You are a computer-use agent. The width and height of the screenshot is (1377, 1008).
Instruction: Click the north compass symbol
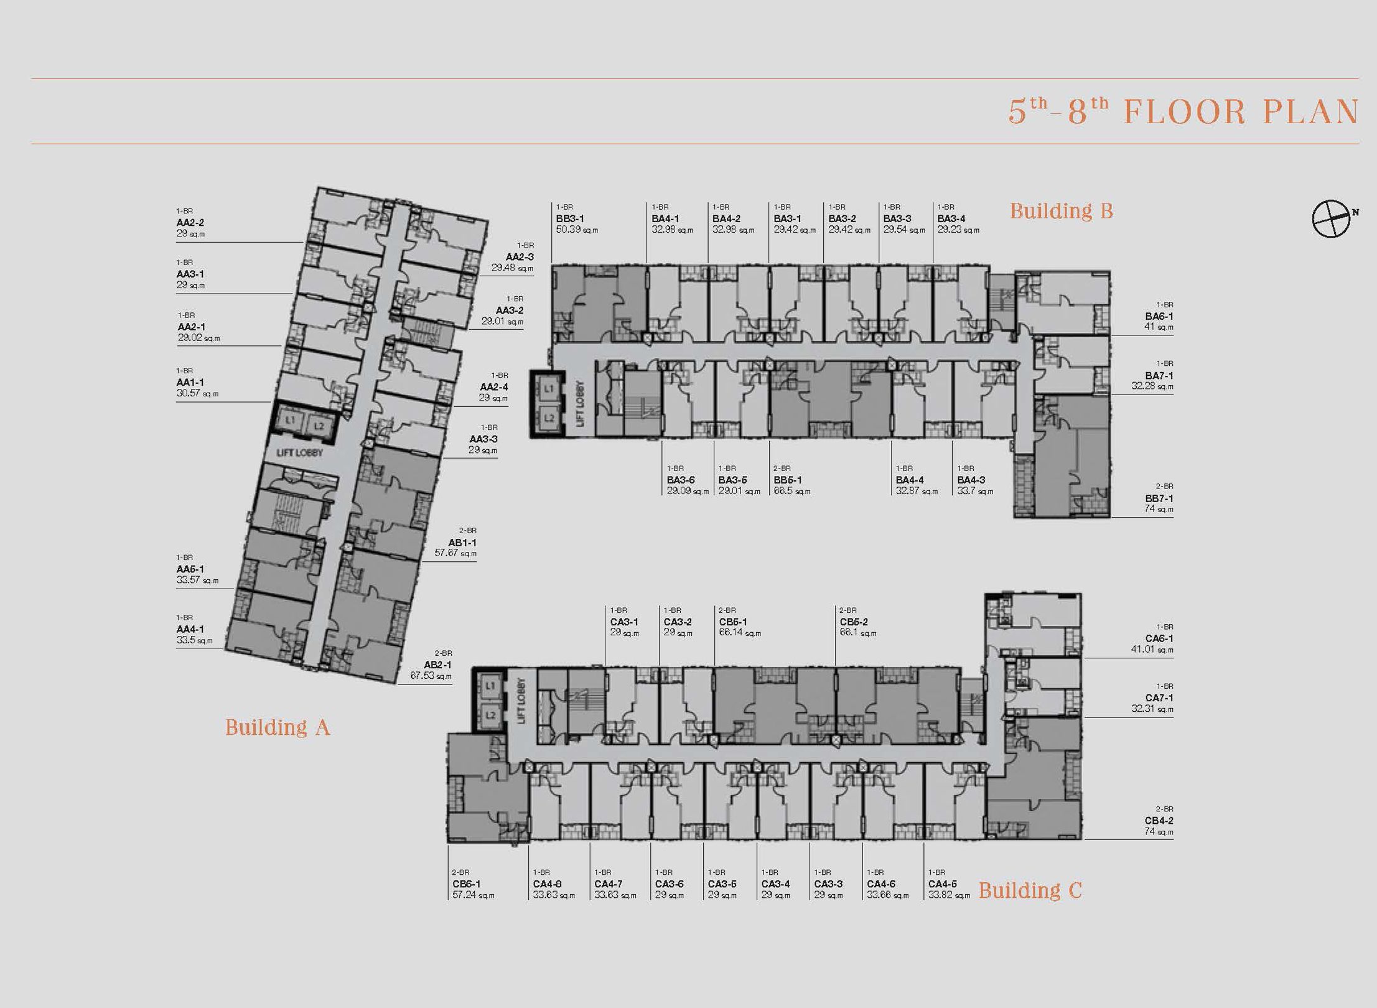(x=1332, y=218)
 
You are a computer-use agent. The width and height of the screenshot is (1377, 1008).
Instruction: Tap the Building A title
(x=278, y=727)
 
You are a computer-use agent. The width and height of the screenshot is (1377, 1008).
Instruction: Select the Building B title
(x=1062, y=211)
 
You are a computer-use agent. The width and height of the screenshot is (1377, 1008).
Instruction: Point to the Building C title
(x=1030, y=890)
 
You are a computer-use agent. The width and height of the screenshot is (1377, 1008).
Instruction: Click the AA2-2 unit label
(x=190, y=223)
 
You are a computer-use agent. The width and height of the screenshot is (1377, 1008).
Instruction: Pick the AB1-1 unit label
(x=462, y=543)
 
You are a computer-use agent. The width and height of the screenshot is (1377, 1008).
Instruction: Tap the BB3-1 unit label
(x=570, y=218)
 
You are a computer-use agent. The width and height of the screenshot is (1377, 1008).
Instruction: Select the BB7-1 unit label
(x=1159, y=498)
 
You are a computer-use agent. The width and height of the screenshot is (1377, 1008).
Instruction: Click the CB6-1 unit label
(x=467, y=884)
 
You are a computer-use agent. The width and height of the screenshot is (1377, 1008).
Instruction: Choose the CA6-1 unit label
(x=1159, y=638)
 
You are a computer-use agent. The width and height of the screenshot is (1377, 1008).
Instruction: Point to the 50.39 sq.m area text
(x=577, y=230)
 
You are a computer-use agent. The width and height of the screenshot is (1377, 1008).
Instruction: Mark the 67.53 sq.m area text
(x=431, y=676)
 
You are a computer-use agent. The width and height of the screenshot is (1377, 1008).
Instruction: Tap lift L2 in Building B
(x=549, y=418)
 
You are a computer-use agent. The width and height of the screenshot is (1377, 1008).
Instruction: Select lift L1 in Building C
(x=491, y=686)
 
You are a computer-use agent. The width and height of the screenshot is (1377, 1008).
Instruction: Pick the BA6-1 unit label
(x=1159, y=316)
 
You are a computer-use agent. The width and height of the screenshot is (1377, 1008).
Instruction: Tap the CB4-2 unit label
(x=1159, y=821)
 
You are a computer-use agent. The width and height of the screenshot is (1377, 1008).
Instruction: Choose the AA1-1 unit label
(x=190, y=382)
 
